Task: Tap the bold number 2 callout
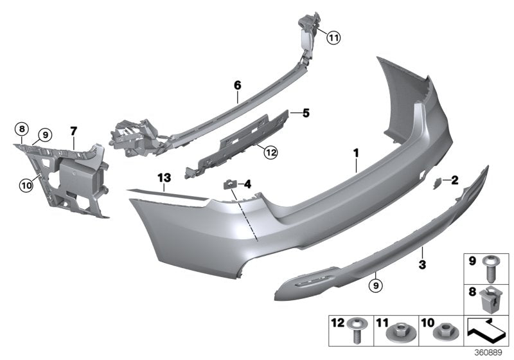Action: click(x=455, y=181)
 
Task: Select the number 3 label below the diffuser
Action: click(x=423, y=264)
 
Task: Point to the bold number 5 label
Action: click(x=306, y=114)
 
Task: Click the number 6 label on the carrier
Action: click(x=237, y=85)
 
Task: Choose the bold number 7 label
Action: click(x=73, y=131)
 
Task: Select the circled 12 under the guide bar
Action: click(x=270, y=152)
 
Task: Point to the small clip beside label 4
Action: click(x=229, y=185)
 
